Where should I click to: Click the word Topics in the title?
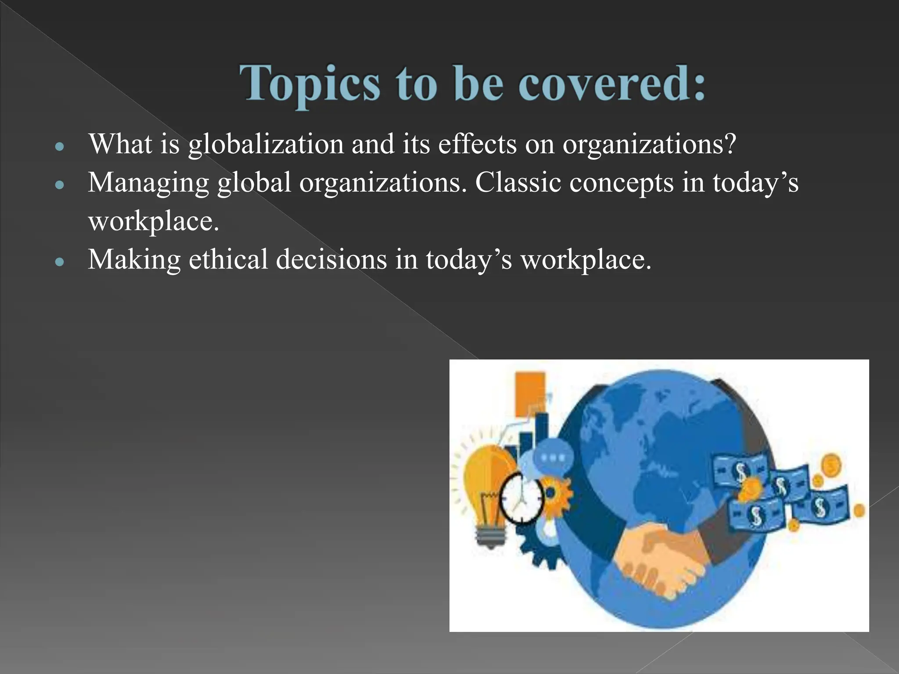[309, 83]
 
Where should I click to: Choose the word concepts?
[621, 183]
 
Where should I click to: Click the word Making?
[134, 260]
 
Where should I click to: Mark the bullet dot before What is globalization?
[60, 147]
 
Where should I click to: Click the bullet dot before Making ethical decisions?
[60, 262]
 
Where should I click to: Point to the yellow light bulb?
[487, 487]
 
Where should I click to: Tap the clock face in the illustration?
[521, 498]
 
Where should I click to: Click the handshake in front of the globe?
[658, 555]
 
